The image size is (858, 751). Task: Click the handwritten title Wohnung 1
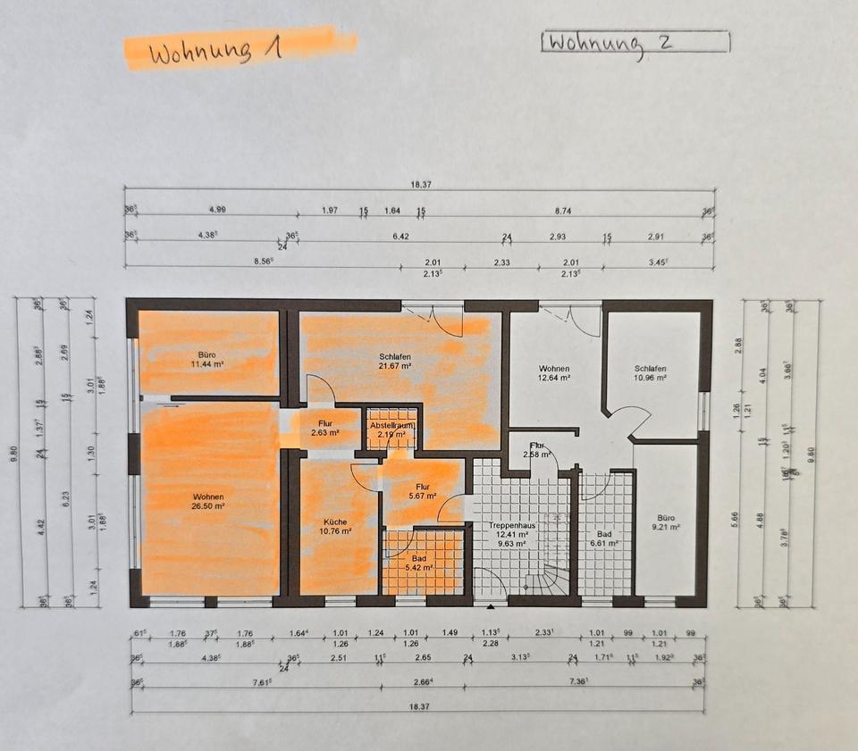[x=214, y=51]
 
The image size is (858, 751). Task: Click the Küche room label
[x=337, y=522]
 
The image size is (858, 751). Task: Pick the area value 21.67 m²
[x=393, y=365]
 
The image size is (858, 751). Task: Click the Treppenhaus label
[x=511, y=526]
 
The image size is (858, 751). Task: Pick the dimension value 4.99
[x=216, y=210]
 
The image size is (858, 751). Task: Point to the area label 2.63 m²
[x=324, y=433]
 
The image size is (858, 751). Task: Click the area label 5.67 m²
[x=421, y=496]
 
